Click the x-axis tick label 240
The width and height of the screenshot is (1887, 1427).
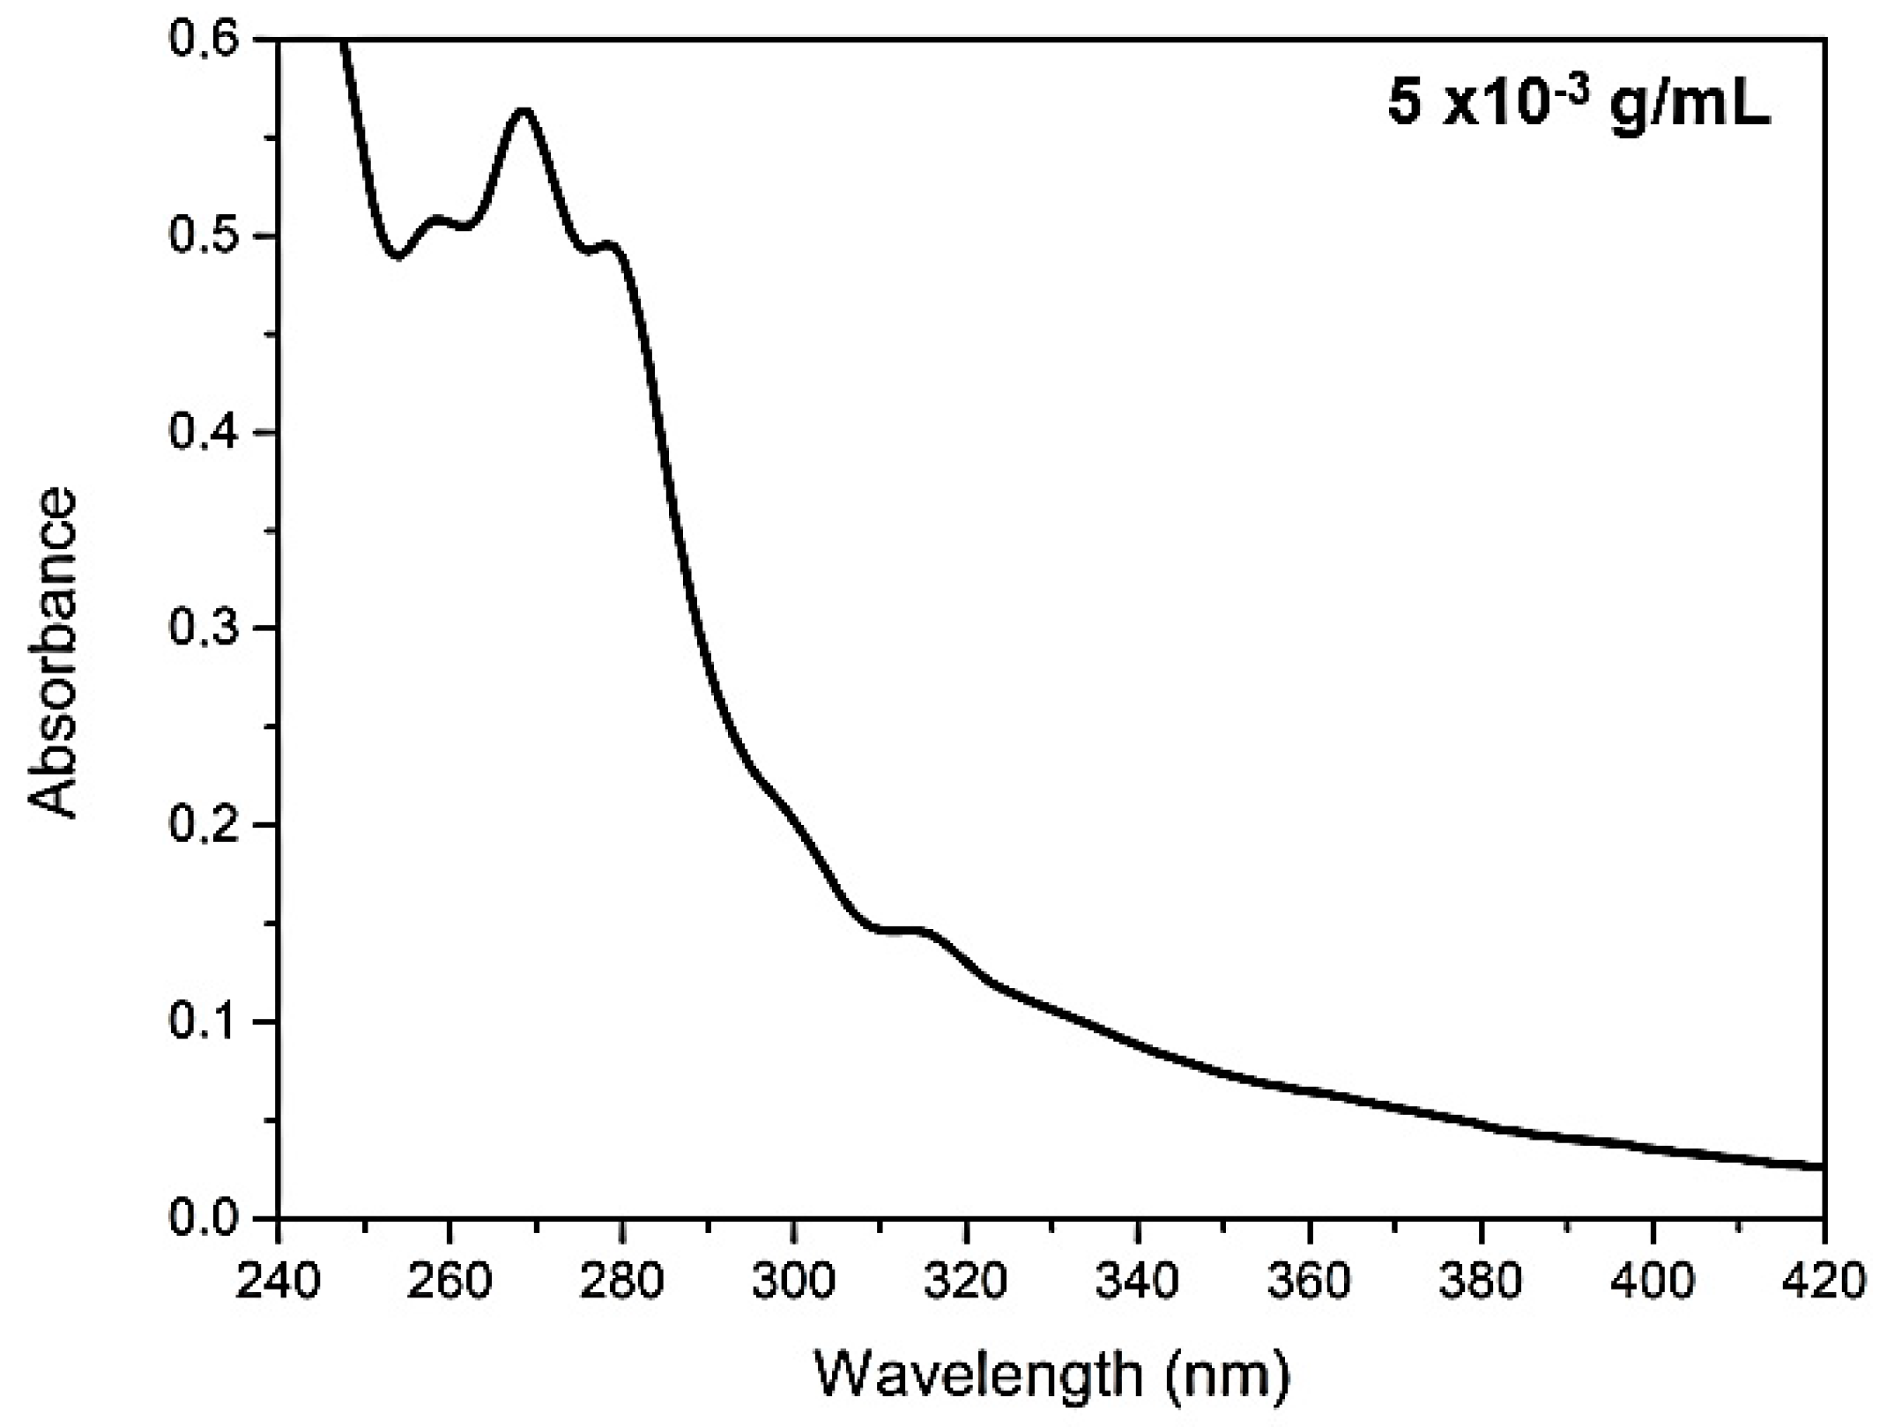278,1282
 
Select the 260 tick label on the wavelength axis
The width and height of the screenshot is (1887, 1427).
449,1282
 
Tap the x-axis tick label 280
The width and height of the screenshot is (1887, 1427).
621,1282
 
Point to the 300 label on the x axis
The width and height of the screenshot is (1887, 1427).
793,1282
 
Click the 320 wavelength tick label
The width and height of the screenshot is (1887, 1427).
965,1282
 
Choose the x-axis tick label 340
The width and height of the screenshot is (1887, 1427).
1137,1282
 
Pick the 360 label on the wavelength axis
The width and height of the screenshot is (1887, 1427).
1309,1282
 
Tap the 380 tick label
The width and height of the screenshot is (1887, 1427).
1481,1282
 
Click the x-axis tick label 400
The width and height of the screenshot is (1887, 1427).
1652,1282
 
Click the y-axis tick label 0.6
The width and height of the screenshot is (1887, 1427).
204,41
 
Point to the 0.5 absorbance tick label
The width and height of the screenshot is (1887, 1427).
204,237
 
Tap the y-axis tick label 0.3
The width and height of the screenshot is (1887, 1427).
204,629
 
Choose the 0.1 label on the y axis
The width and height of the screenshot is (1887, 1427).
204,1022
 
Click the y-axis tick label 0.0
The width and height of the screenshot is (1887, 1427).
204,1219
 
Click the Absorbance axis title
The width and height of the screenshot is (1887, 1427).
53,654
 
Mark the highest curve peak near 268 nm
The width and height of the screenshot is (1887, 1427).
524,111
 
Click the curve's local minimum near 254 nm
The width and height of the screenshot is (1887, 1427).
398,256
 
